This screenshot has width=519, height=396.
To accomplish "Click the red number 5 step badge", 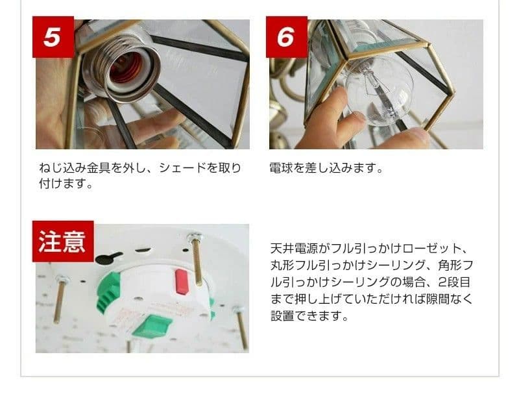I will click(x=51, y=37).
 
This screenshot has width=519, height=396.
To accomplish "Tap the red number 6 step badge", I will click(x=285, y=37).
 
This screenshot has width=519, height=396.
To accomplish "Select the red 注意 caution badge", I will click(x=62, y=241).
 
